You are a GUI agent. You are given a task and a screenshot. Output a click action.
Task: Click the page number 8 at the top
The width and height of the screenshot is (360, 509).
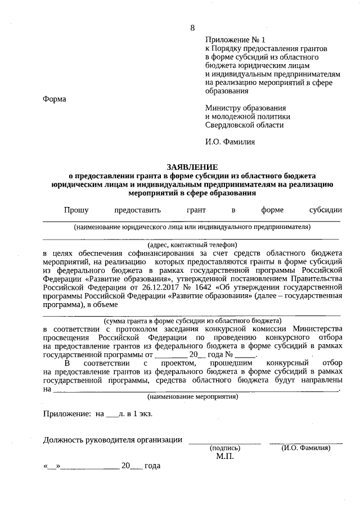192,28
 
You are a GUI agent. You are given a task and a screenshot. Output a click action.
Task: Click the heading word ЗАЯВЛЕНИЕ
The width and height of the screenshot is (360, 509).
192,167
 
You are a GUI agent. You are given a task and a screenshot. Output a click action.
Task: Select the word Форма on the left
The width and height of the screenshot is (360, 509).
55,99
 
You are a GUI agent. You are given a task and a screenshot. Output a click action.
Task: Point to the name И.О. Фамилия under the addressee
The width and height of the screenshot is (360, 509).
229,142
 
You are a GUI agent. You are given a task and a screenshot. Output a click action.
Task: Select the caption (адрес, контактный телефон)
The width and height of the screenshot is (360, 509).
192,245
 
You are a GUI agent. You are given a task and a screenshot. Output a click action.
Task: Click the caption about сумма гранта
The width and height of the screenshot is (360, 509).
192,321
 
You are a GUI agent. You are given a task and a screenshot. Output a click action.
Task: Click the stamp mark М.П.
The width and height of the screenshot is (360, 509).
224,456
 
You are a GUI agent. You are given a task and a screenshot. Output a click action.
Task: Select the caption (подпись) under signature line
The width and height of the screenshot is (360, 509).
224,448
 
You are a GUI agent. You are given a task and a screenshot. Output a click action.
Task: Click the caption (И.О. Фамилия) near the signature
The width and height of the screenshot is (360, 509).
305,448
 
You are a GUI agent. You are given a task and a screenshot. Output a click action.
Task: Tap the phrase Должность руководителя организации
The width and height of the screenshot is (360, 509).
112,439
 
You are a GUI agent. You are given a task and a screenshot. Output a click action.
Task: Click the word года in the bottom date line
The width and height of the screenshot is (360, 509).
152,466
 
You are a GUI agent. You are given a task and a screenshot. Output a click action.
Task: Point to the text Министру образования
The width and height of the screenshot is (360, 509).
246,108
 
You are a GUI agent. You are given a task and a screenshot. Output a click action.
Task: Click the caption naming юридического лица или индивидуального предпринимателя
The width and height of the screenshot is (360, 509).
192,227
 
